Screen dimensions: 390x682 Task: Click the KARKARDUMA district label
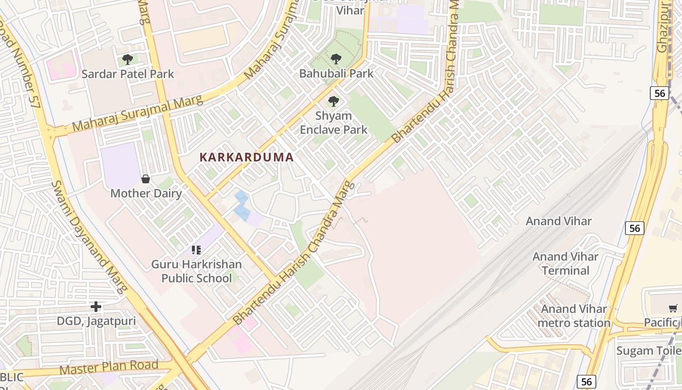tap(246, 157)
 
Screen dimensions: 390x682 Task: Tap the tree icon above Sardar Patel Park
tap(128, 59)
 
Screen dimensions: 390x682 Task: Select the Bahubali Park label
tap(336, 74)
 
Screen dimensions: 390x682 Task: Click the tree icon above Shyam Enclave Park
tap(334, 101)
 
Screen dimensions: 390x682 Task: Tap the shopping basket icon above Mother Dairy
tap(145, 179)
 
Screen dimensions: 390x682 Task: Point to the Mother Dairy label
tap(146, 193)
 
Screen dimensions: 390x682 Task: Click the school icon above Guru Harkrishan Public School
tap(196, 250)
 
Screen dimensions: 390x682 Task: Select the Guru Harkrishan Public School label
tap(196, 272)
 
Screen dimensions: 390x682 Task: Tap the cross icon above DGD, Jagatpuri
tap(96, 307)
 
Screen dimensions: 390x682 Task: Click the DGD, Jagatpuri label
tap(96, 321)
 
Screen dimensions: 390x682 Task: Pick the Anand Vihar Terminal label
tap(565, 263)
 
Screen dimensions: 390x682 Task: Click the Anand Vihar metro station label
tap(574, 316)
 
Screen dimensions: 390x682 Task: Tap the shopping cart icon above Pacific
tap(673, 308)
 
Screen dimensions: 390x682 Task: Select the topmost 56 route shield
tap(659, 93)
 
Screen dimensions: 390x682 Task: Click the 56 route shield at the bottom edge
tap(587, 382)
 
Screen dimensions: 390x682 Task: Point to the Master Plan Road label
tap(109, 368)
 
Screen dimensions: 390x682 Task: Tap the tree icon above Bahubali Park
tap(336, 59)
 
